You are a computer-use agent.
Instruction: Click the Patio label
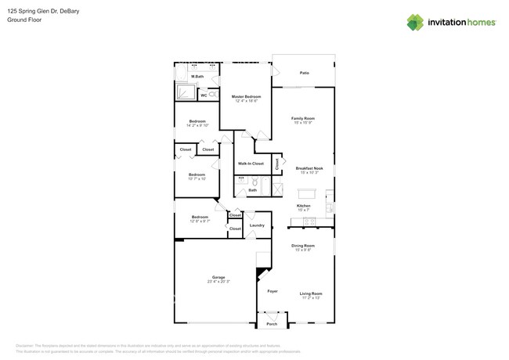pyautogui.click(x=304, y=73)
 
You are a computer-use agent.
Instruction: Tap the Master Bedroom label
pyautogui.click(x=246, y=96)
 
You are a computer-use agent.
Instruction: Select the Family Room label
pyautogui.click(x=303, y=118)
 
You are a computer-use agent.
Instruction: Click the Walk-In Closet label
pyautogui.click(x=251, y=164)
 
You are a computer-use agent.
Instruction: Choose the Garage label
pyautogui.click(x=218, y=277)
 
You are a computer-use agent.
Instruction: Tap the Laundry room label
pyautogui.click(x=256, y=225)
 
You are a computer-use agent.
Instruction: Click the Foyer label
pyautogui.click(x=273, y=290)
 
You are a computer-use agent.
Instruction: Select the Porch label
pyautogui.click(x=273, y=323)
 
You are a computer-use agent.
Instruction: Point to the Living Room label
pyautogui.click(x=311, y=293)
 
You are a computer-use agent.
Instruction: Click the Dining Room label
pyautogui.click(x=302, y=246)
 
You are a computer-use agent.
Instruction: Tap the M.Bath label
pyautogui.click(x=197, y=76)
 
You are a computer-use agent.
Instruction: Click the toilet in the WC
pyautogui.click(x=213, y=95)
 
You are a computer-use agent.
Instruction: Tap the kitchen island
pyautogui.click(x=309, y=193)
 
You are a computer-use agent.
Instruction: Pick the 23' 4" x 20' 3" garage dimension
pyautogui.click(x=218, y=282)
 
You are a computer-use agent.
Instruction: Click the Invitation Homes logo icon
pyautogui.click(x=415, y=22)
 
